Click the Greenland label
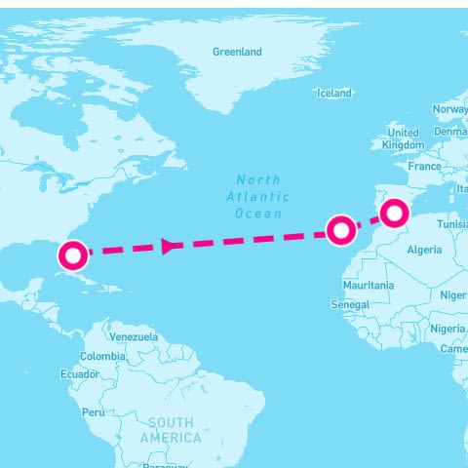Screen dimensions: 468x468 pyautogui.click(x=237, y=52)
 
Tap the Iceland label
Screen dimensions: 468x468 pyautogui.click(x=333, y=93)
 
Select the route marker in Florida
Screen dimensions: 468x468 pyautogui.click(x=73, y=255)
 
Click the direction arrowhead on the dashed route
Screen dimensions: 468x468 pyautogui.click(x=169, y=246)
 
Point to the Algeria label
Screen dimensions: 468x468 pyautogui.click(x=424, y=250)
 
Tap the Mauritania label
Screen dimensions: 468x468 pyautogui.click(x=369, y=286)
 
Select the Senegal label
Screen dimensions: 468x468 pyautogui.click(x=350, y=304)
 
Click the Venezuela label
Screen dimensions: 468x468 pyautogui.click(x=134, y=336)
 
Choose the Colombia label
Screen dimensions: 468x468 pyautogui.click(x=102, y=356)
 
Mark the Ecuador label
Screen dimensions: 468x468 pyautogui.click(x=79, y=374)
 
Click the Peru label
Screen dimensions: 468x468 pyautogui.click(x=93, y=412)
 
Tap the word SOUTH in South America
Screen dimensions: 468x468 pyautogui.click(x=171, y=422)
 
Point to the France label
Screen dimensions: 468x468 pyautogui.click(x=424, y=167)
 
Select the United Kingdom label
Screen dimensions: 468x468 pyautogui.click(x=403, y=138)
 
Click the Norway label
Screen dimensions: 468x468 pyautogui.click(x=449, y=109)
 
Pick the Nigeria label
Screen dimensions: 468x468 pyautogui.click(x=448, y=329)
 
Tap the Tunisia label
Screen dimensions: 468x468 pyautogui.click(x=451, y=224)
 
